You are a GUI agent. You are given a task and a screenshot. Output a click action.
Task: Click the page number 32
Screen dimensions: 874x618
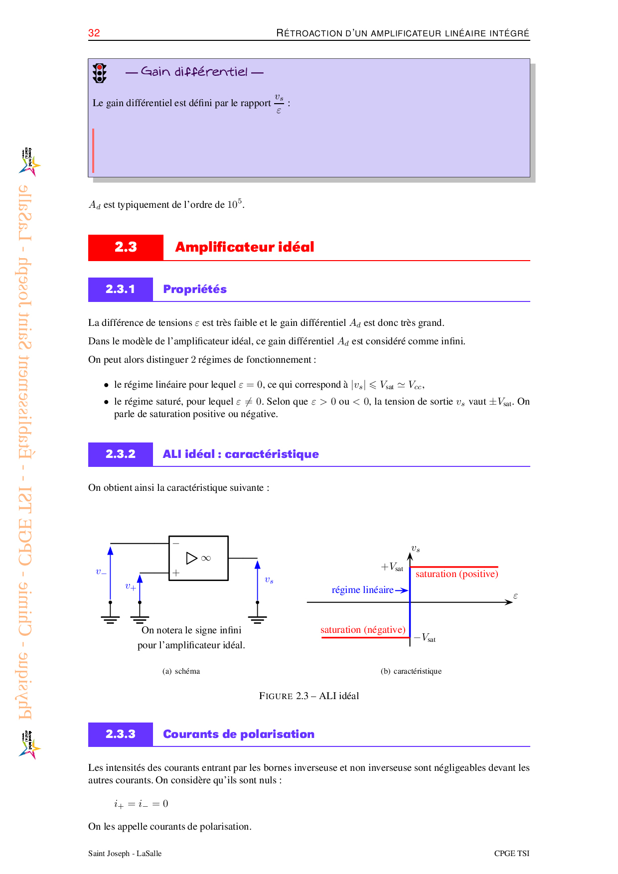(94, 33)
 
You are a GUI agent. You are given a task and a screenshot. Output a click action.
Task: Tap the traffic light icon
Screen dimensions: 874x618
(100, 73)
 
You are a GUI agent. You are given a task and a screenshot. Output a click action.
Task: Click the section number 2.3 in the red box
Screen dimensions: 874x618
(126, 247)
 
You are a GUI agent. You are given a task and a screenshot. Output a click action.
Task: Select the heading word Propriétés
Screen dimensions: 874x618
(195, 290)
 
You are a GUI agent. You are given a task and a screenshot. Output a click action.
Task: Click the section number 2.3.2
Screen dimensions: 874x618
(121, 454)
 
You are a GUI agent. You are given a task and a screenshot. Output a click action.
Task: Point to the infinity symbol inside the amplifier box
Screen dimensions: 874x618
(206, 559)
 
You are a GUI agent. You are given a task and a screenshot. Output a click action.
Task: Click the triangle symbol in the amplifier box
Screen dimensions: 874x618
(191, 558)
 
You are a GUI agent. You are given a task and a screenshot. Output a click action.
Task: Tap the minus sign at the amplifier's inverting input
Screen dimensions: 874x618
(176, 543)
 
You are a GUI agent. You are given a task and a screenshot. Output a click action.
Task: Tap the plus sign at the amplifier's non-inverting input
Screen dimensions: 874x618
(176, 573)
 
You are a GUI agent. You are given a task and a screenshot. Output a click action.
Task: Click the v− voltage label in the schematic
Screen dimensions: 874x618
(101, 572)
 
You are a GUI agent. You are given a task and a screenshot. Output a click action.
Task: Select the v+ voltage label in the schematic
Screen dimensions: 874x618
(131, 586)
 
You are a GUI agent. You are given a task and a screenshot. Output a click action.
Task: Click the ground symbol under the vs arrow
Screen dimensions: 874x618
(257, 619)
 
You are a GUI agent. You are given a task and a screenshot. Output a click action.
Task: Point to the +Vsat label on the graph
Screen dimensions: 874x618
(392, 567)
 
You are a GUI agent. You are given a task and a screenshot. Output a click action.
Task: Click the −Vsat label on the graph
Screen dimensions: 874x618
(425, 638)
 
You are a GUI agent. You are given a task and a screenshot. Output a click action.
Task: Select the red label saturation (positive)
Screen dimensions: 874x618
(457, 574)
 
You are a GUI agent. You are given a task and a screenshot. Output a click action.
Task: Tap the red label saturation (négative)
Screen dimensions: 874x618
(363, 630)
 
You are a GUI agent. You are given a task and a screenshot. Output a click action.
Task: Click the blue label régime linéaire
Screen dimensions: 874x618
(363, 590)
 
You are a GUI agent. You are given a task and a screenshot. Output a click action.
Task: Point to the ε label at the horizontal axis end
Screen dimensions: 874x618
(515, 596)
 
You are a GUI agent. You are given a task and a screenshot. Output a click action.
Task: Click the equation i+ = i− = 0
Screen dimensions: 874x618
(141, 804)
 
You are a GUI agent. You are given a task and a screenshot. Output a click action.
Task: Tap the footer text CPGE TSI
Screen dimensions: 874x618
(511, 854)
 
